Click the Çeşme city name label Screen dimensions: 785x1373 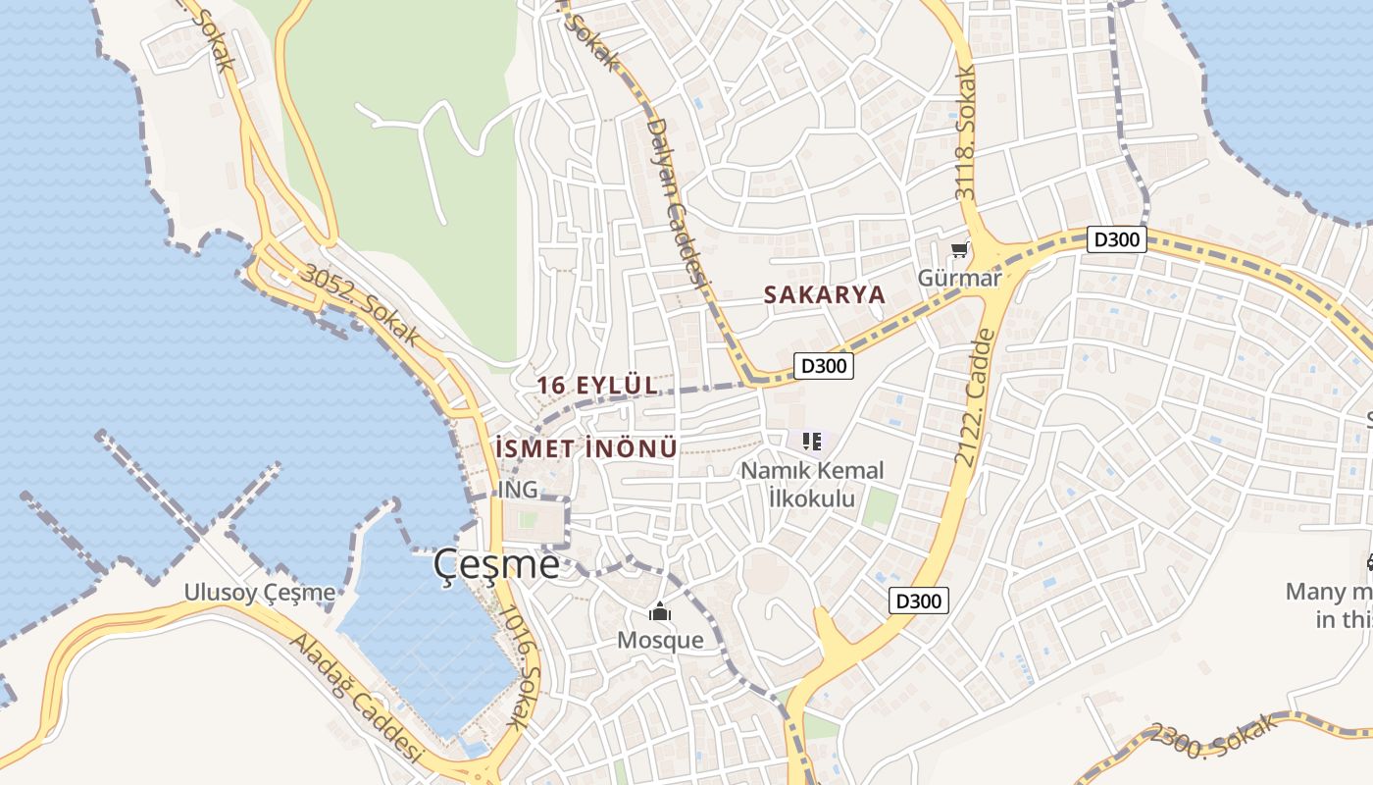tap(497, 564)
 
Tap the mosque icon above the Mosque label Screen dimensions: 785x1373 tap(660, 613)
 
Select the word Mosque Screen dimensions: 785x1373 tap(660, 641)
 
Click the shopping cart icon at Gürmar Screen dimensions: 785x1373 tap(959, 251)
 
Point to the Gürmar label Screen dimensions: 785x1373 tap(959, 278)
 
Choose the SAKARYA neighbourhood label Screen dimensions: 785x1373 tap(824, 294)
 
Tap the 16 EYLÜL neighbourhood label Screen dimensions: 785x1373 tap(597, 386)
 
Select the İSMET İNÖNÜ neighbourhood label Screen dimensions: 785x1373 tap(586, 448)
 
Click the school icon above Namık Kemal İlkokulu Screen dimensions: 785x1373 tap(811, 441)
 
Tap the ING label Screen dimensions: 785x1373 tap(518, 489)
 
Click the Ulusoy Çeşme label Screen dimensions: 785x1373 tap(260, 592)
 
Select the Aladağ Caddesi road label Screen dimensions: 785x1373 tap(356, 698)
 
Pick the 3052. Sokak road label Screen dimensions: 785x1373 tap(360, 305)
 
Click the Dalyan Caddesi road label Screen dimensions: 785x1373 tap(676, 202)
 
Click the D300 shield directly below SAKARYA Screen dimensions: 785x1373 tap(822, 366)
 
